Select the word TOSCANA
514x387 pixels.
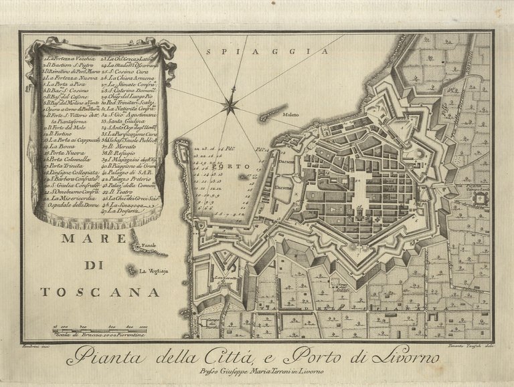coord(100,291)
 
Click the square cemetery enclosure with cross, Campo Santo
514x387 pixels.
coord(479,199)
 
